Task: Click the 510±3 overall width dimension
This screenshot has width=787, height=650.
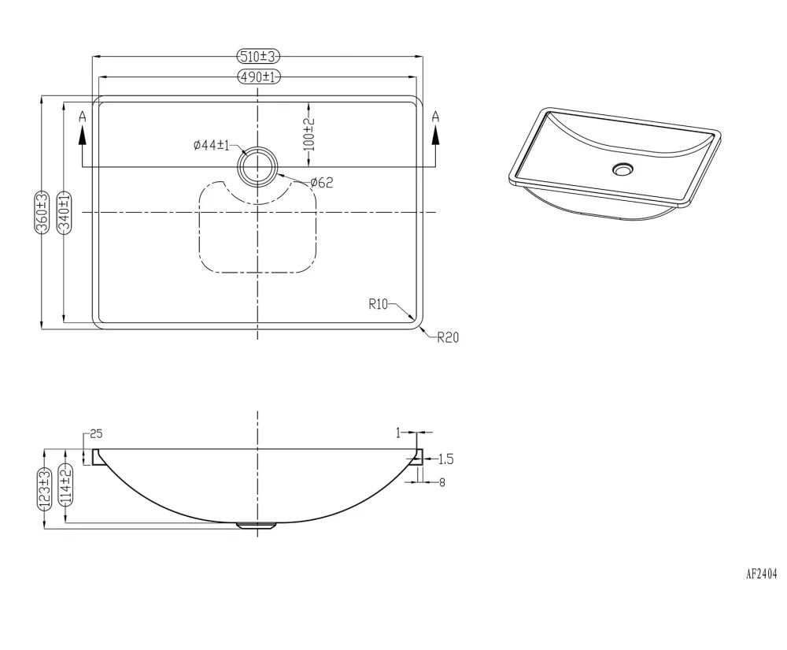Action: pyautogui.click(x=258, y=56)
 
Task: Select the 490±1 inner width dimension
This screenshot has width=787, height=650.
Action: pyautogui.click(x=258, y=77)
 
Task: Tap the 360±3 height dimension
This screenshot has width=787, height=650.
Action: pyautogui.click(x=42, y=212)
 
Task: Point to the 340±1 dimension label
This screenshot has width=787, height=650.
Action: pyautogui.click(x=65, y=212)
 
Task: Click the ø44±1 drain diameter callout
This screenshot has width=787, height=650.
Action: pyautogui.click(x=211, y=145)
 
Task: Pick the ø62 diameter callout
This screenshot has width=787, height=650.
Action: pyautogui.click(x=322, y=182)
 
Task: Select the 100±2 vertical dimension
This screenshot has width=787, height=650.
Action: pyautogui.click(x=309, y=134)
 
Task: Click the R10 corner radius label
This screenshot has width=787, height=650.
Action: pyautogui.click(x=379, y=304)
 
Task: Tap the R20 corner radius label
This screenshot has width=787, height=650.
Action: pyautogui.click(x=449, y=337)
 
